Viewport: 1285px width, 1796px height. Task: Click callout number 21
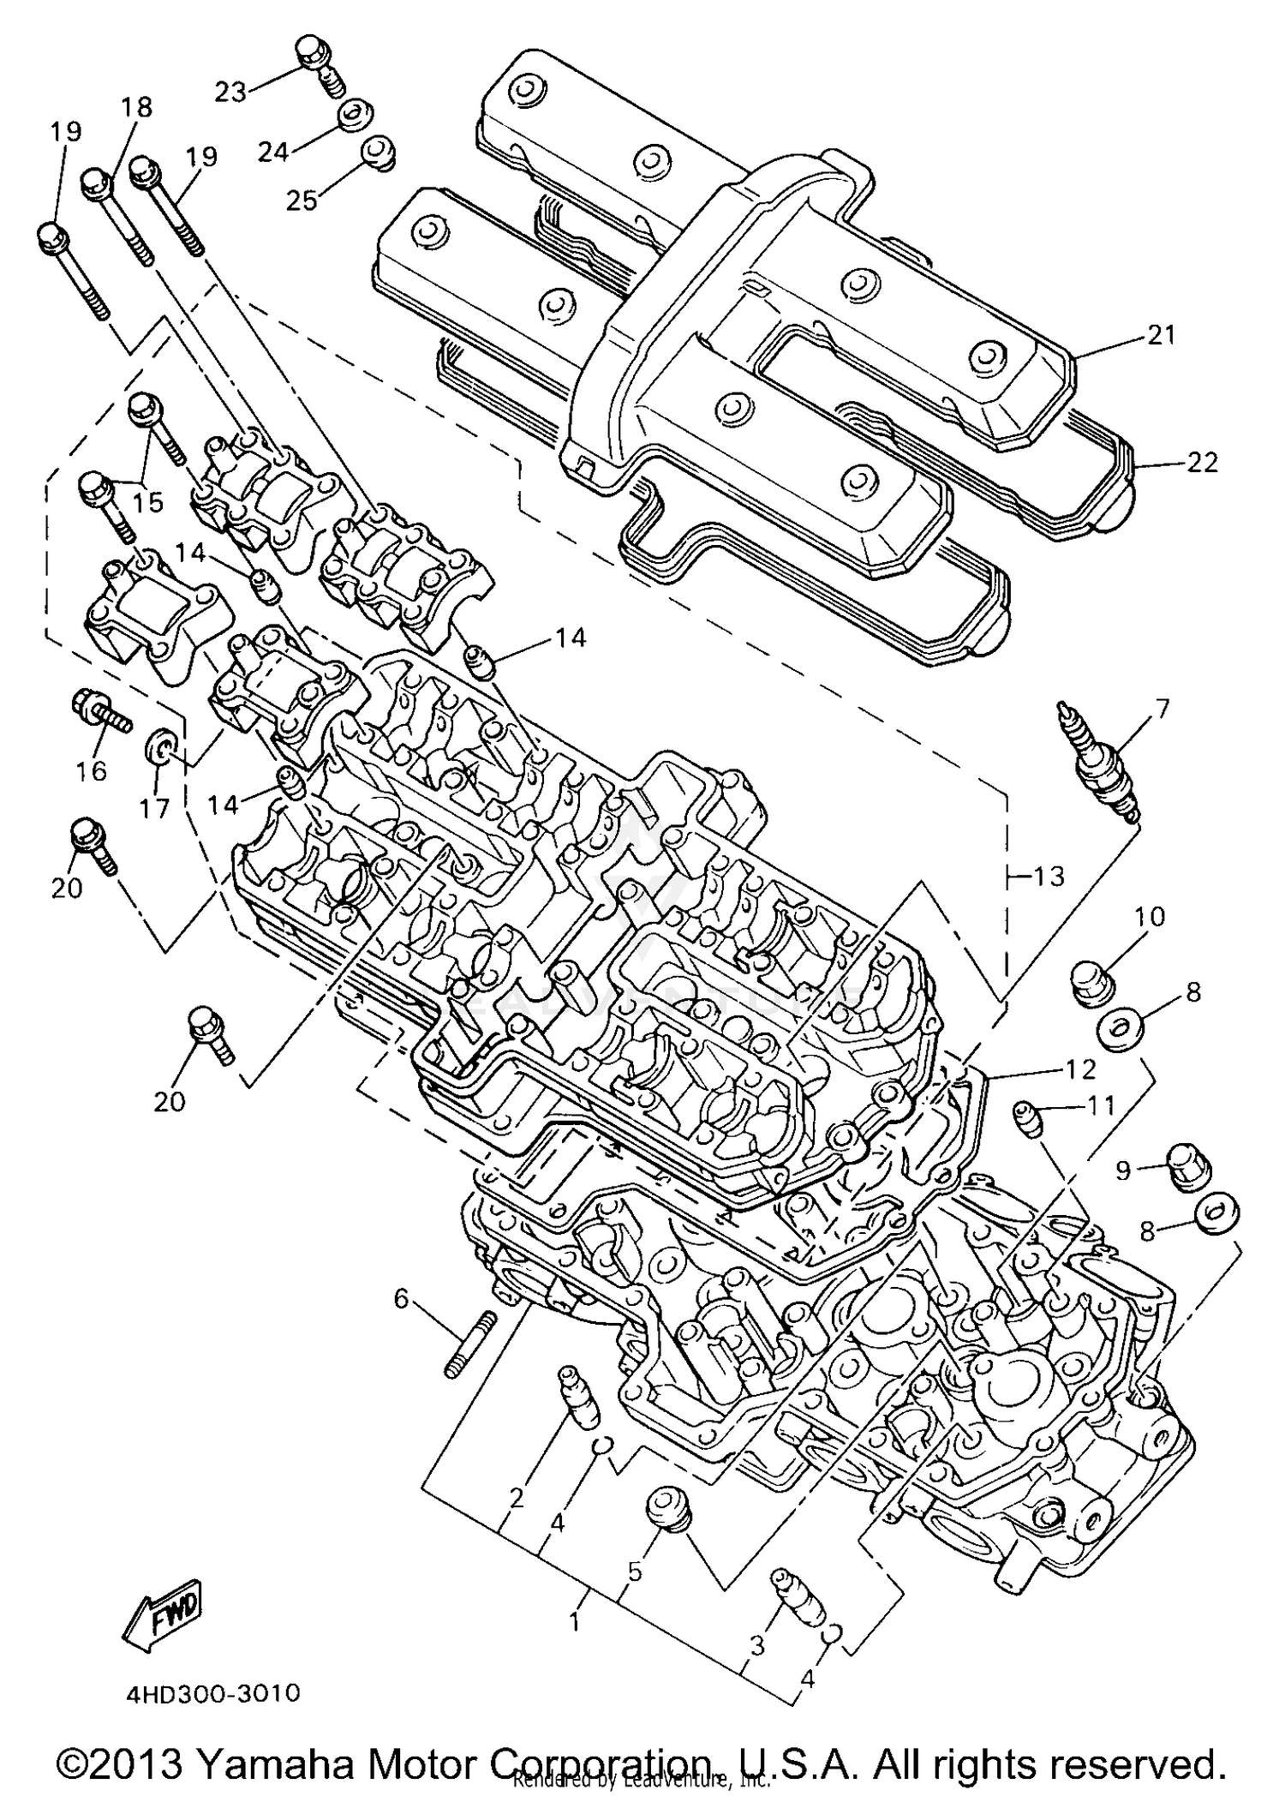tap(1162, 335)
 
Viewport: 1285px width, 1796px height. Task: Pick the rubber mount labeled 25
tap(376, 155)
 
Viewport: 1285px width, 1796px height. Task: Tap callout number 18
tap(137, 108)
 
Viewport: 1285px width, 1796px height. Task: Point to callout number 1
tap(575, 1622)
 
